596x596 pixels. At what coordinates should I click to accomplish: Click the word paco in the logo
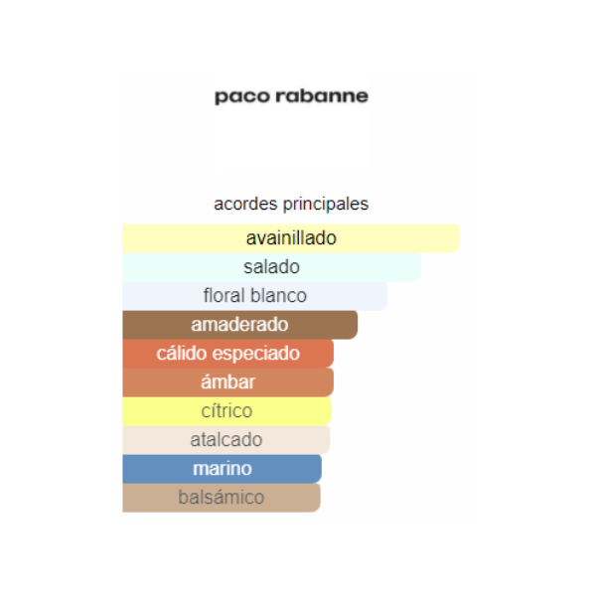(242, 96)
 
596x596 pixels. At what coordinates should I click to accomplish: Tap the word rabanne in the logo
(322, 95)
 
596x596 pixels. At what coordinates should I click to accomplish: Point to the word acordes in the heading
(245, 204)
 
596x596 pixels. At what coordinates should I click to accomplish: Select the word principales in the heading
(326, 205)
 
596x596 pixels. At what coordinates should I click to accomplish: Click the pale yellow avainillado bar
(291, 238)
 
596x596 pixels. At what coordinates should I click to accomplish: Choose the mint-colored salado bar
(272, 267)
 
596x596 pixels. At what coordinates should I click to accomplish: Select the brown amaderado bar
(239, 325)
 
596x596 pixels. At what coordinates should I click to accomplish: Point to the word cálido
(182, 354)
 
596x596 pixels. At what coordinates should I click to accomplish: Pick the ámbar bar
(228, 382)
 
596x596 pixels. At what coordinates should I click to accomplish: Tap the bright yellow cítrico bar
(226, 411)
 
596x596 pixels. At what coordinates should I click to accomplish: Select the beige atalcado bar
(226, 440)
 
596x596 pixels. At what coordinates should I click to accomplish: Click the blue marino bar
(222, 469)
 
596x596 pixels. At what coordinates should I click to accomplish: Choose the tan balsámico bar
(222, 498)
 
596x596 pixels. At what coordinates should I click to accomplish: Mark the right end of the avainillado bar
(459, 238)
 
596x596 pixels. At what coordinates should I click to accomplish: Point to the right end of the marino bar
(321, 469)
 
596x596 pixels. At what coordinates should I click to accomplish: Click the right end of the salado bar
(421, 267)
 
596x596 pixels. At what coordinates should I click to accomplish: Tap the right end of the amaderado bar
(358, 325)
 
